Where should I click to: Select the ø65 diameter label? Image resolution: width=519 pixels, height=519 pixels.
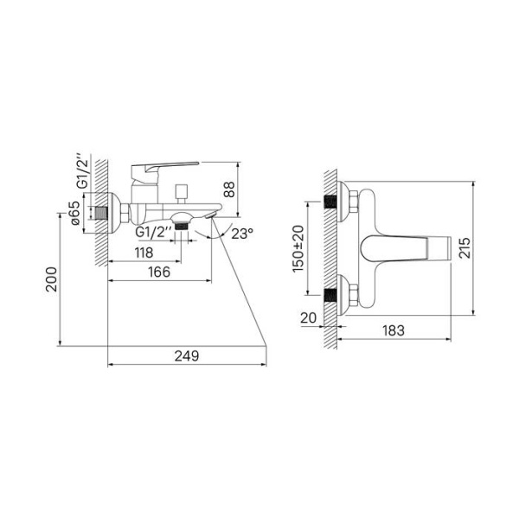click(76, 213)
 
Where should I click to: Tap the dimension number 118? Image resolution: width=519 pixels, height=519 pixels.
click(144, 253)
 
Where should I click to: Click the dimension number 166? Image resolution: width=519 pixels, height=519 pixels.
click(157, 272)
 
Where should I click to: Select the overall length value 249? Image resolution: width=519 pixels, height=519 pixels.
click(186, 356)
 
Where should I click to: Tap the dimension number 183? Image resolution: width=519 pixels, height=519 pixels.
click(394, 330)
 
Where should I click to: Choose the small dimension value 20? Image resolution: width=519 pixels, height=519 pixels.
click(308, 317)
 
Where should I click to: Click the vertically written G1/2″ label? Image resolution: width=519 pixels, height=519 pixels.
click(81, 171)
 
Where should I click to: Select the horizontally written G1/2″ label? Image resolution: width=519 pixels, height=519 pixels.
click(152, 234)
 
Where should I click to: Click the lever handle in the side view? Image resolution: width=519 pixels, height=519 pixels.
click(167, 165)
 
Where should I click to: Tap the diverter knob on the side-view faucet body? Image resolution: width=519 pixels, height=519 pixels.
click(182, 191)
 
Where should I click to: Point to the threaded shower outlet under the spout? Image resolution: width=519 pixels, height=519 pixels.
click(181, 223)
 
